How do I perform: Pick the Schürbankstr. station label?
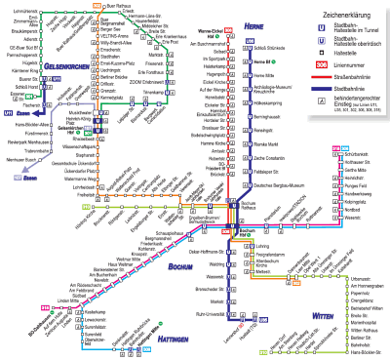pyautogui.click(x=360, y=127)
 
